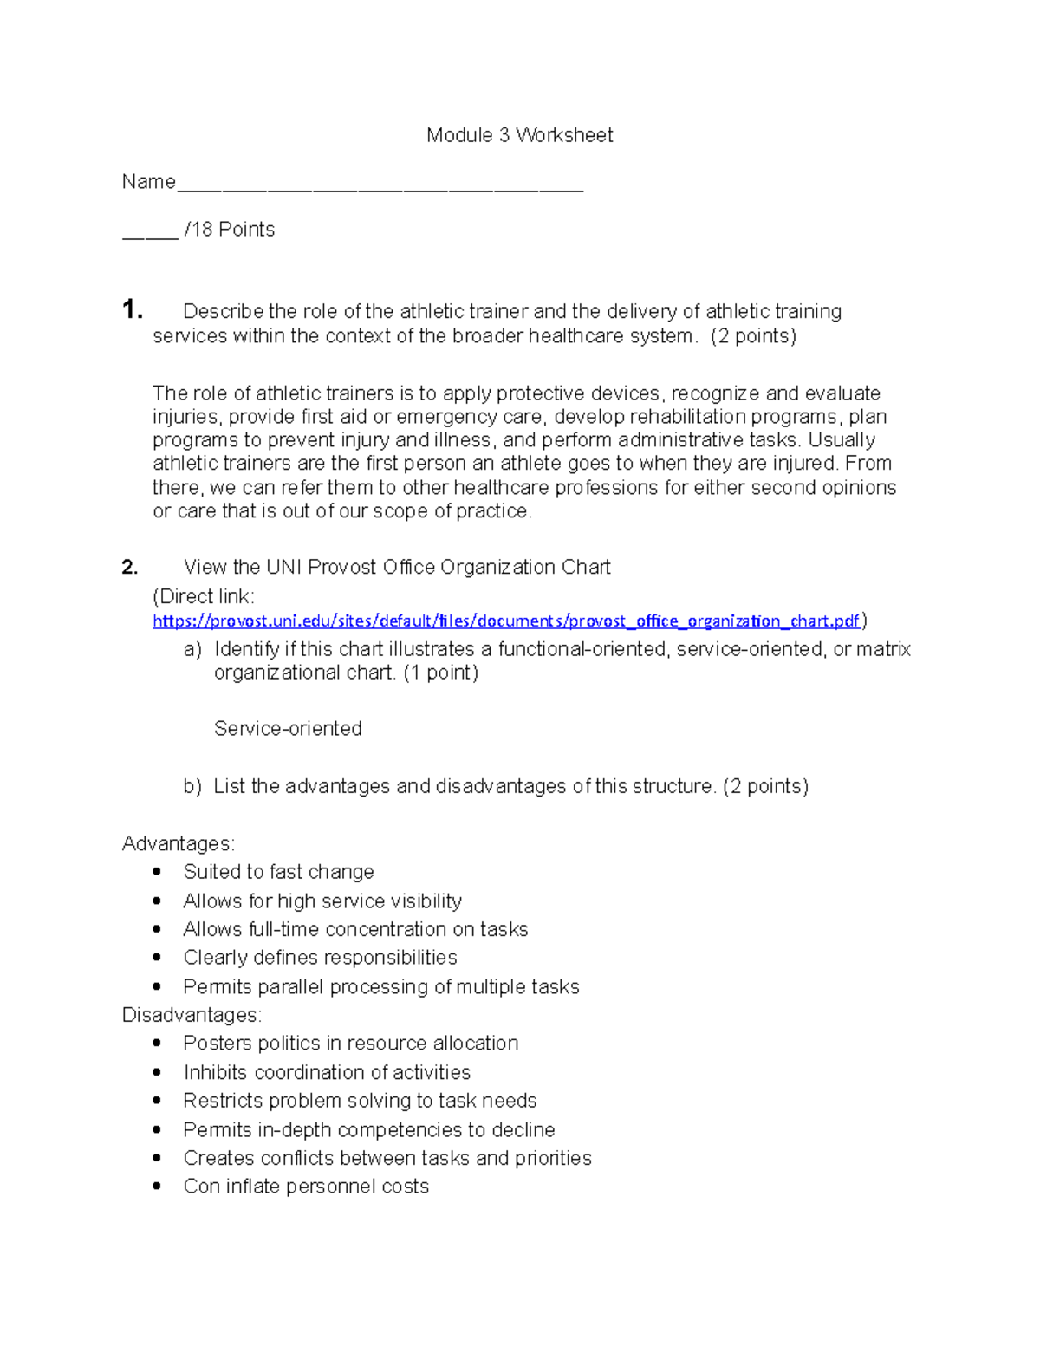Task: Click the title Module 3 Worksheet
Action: click(x=519, y=135)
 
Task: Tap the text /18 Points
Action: click(x=229, y=230)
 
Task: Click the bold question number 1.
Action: click(x=132, y=309)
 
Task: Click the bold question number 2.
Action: click(x=130, y=568)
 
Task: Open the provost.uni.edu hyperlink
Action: click(x=506, y=621)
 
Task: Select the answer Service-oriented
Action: click(x=288, y=729)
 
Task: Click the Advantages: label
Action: click(x=179, y=844)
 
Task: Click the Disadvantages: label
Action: click(x=192, y=1015)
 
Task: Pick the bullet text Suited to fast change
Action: click(x=278, y=872)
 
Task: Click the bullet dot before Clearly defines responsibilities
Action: click(x=157, y=958)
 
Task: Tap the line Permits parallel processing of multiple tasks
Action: click(x=380, y=987)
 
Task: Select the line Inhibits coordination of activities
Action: click(x=327, y=1073)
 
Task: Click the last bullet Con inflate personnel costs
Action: click(x=306, y=1187)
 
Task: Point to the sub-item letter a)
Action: click(x=192, y=650)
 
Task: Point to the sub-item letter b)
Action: click(x=192, y=787)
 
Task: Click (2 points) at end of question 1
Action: click(x=752, y=336)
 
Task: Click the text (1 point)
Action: click(x=440, y=673)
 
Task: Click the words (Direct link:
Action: click(x=204, y=597)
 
